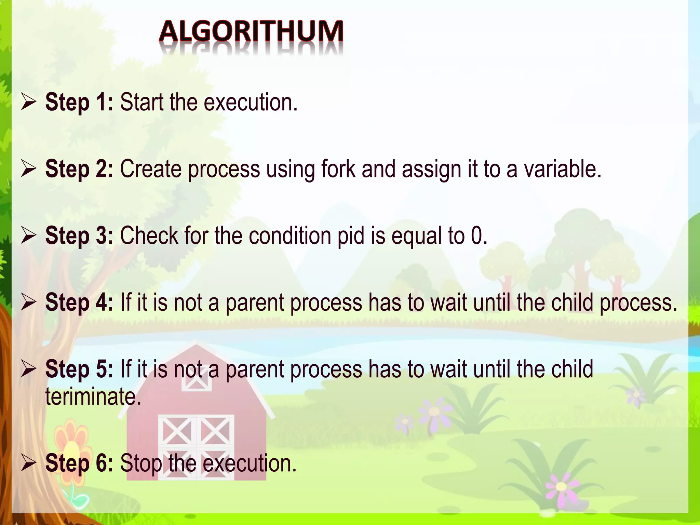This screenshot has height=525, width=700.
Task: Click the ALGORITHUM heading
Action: [251, 32]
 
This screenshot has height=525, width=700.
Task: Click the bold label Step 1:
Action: [79, 102]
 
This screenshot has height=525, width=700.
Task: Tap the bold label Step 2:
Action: [79, 169]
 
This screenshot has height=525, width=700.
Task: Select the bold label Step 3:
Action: [79, 236]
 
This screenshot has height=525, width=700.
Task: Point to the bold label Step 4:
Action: [79, 303]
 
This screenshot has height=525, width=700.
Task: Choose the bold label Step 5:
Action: [79, 369]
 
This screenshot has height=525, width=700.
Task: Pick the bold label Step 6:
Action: [79, 463]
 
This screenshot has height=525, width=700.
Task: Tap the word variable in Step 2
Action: [562, 169]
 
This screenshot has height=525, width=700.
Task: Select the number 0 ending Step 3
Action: [477, 236]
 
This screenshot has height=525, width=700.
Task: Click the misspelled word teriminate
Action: [93, 397]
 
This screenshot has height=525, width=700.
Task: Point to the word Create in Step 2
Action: [151, 169]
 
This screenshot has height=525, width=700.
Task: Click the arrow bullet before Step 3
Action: [28, 236]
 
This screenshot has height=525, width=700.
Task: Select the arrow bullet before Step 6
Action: [28, 463]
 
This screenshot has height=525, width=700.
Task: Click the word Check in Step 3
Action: [149, 236]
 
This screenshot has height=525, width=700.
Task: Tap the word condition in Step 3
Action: [290, 236]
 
